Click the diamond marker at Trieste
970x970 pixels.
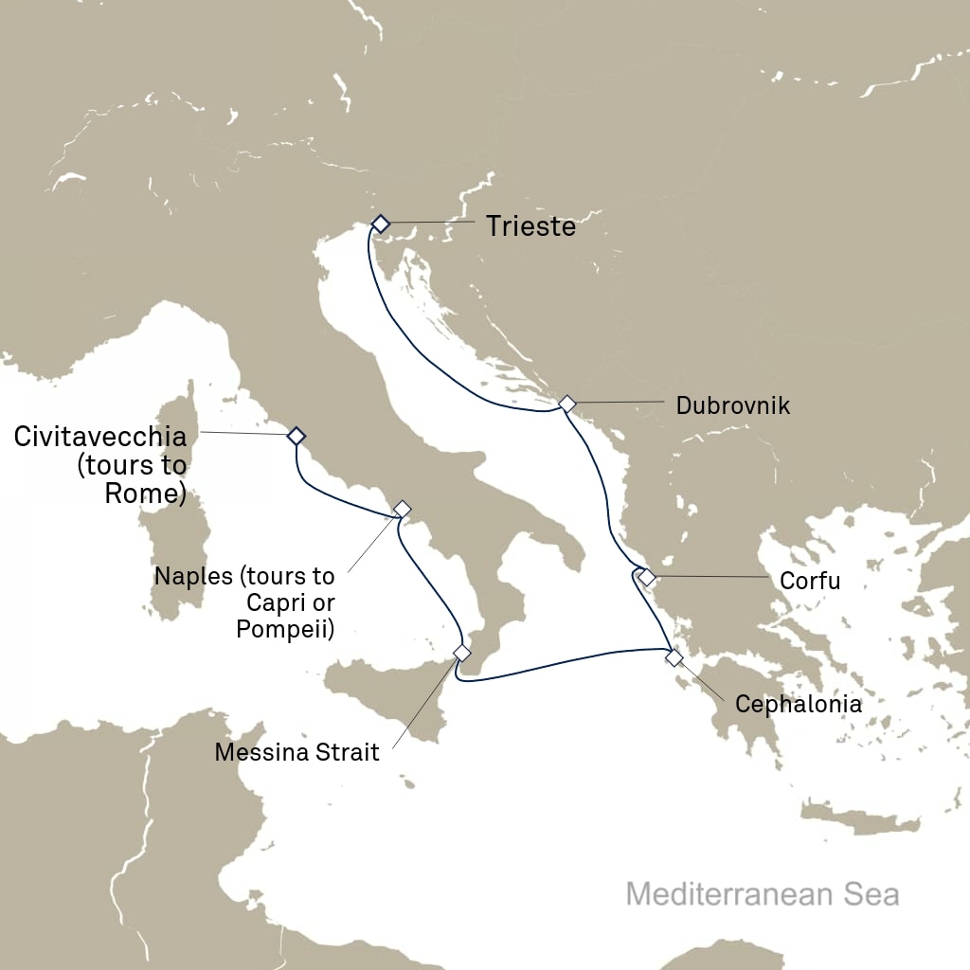coord(380,224)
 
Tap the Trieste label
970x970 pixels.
coord(530,226)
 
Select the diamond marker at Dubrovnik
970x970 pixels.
coord(566,404)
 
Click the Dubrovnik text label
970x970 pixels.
coord(732,406)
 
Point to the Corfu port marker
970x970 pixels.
coord(647,577)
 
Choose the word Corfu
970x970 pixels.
coord(809,581)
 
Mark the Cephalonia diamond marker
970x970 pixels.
coord(674,657)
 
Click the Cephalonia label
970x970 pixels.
coord(799,705)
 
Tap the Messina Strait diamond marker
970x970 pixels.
coord(462,653)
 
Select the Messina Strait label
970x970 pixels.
coord(296,753)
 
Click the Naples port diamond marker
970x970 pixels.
coord(402,509)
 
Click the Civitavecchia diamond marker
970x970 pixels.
coord(296,436)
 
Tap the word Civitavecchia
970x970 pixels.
coord(100,437)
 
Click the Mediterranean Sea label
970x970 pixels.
coord(763,894)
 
